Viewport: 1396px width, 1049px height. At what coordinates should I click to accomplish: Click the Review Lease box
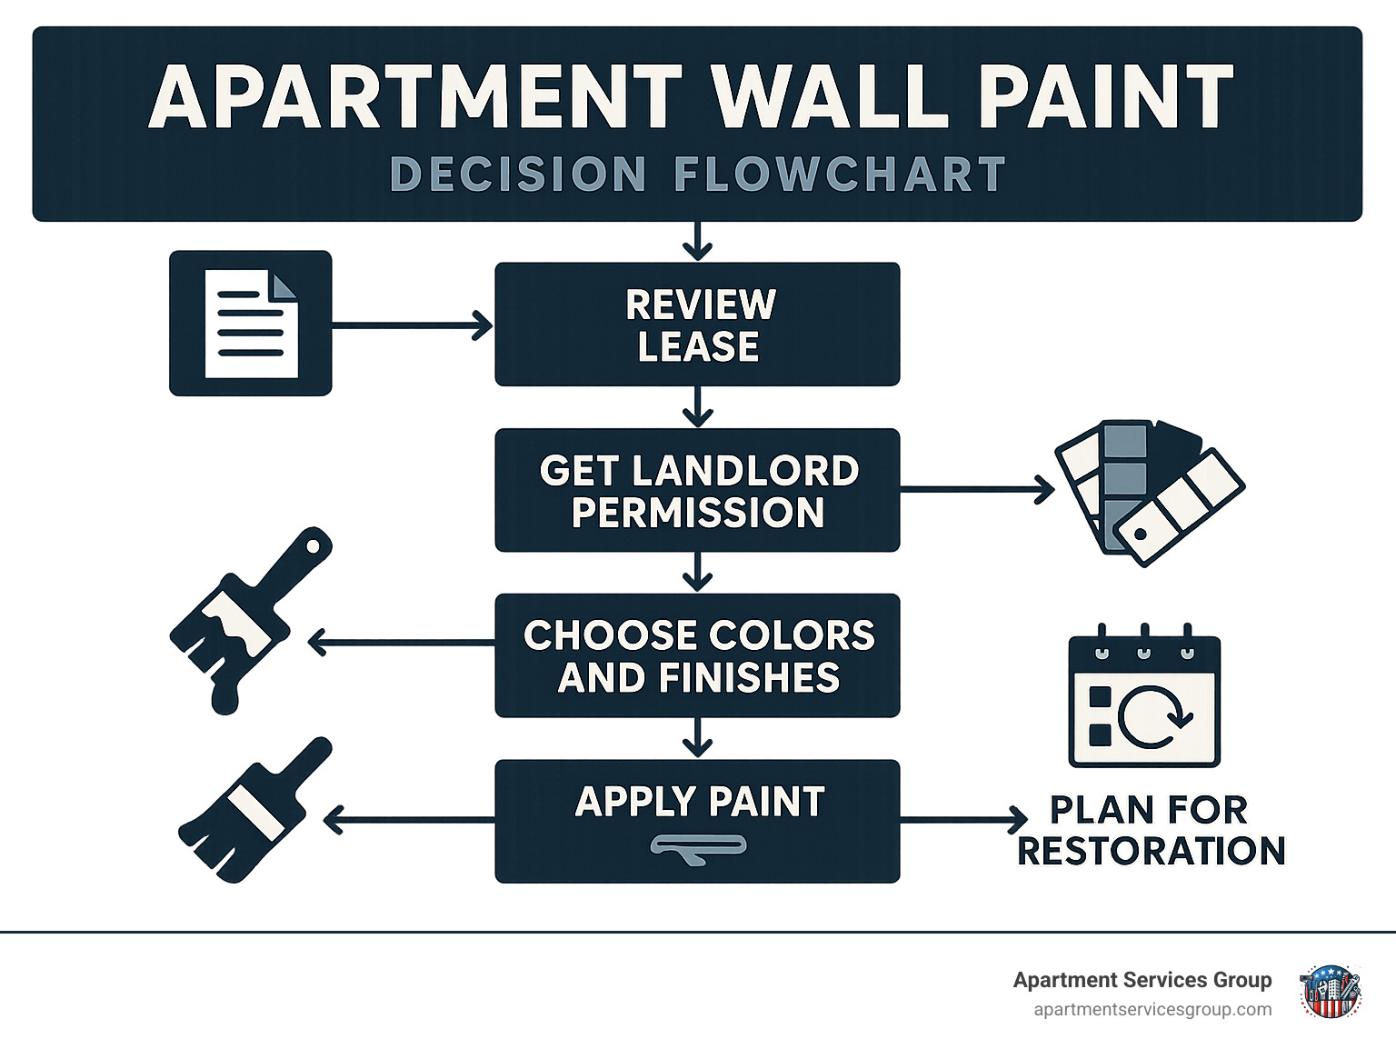697,324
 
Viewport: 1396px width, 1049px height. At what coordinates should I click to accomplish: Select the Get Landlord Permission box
697,490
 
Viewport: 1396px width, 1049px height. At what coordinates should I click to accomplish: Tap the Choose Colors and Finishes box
697,655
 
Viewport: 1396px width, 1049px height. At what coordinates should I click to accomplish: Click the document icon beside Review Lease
251,324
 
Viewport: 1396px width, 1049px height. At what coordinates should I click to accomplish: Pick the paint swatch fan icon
1149,493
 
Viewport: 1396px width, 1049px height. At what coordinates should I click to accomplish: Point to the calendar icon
1144,695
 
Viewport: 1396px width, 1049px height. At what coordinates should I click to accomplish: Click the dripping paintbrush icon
251,620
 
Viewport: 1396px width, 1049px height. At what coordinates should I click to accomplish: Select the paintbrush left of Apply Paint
254,809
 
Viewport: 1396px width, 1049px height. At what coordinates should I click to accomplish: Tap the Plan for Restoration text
1152,830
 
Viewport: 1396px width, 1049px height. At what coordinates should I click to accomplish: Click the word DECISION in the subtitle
518,174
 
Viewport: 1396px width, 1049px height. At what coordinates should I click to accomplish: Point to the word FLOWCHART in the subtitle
840,174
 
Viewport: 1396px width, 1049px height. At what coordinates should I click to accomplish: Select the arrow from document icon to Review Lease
412,325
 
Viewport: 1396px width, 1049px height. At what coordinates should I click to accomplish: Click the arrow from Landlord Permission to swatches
977,490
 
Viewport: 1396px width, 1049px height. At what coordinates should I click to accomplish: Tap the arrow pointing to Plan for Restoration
963,820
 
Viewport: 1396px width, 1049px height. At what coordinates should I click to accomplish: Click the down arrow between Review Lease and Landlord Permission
698,407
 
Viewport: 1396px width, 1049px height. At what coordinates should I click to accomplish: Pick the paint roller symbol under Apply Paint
698,849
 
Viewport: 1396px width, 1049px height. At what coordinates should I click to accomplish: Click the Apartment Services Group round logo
1330,992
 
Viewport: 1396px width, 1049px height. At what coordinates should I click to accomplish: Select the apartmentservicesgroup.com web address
1152,1010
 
